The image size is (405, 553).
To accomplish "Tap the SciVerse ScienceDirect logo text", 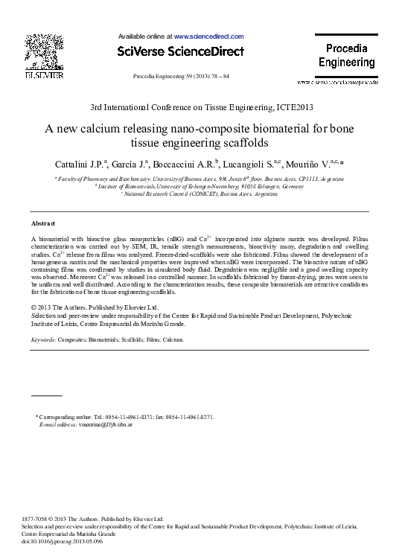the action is [180, 51].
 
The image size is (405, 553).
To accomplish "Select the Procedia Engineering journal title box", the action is [346, 56].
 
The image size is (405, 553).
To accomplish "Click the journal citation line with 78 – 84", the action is [181, 77].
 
